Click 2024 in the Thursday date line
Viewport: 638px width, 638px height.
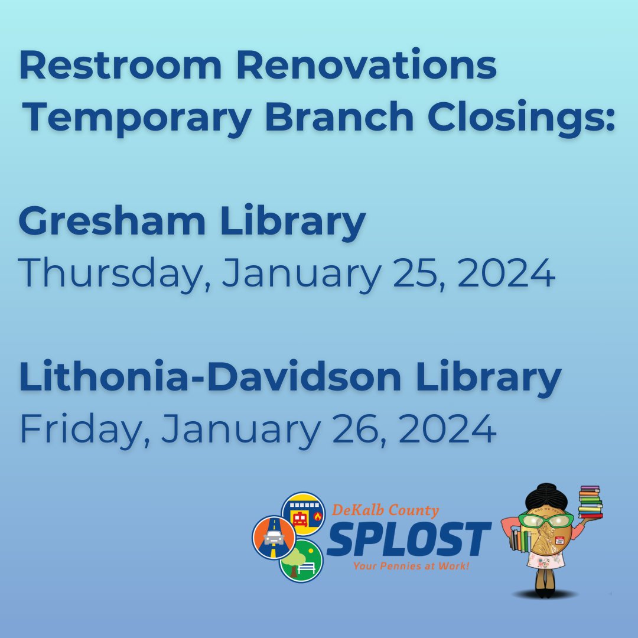(506, 274)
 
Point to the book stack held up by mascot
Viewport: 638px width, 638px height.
(590, 502)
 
